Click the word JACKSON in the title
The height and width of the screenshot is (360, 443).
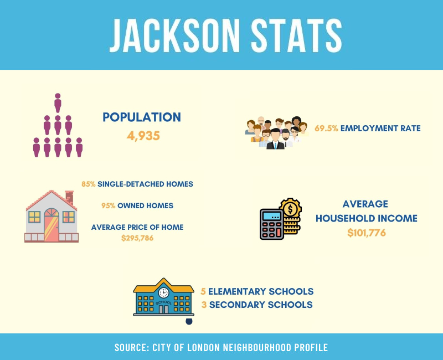tap(174, 35)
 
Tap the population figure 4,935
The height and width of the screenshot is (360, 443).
tap(143, 136)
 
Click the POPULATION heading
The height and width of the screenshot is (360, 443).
tap(142, 117)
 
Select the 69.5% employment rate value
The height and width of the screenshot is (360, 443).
tap(326, 128)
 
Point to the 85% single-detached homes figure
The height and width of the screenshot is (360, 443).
tap(89, 184)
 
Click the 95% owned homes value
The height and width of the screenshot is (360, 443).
tap(108, 205)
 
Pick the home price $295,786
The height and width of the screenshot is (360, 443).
tap(137, 238)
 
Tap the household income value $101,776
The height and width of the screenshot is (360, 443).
tap(367, 233)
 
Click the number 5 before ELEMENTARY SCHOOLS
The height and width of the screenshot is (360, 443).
tap(203, 291)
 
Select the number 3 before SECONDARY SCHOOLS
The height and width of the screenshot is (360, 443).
tap(204, 305)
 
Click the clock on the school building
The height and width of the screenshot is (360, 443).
tap(163, 292)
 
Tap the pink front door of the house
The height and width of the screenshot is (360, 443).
tap(51, 225)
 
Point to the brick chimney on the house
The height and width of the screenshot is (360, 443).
tap(69, 197)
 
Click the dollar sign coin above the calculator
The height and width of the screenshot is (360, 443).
tap(290, 209)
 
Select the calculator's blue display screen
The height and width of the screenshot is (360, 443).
tap(272, 216)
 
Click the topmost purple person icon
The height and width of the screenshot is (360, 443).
tap(58, 103)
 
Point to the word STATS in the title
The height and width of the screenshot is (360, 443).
tap(296, 35)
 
